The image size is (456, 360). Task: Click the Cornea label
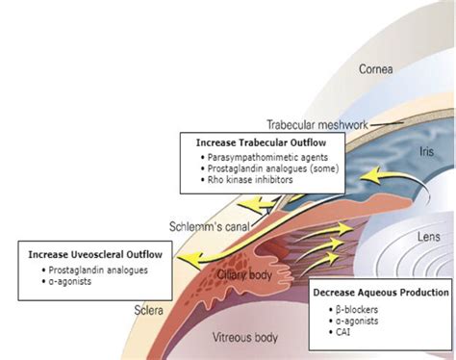[x=376, y=69]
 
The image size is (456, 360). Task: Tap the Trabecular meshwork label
[x=317, y=124]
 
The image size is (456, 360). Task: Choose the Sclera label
[x=147, y=313]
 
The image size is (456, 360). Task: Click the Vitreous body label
[x=246, y=338]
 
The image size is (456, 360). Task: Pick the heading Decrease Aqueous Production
[x=381, y=292]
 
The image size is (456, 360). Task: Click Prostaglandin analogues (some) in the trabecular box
[x=269, y=167]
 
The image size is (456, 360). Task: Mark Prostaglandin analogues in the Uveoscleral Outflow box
[x=93, y=270]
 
